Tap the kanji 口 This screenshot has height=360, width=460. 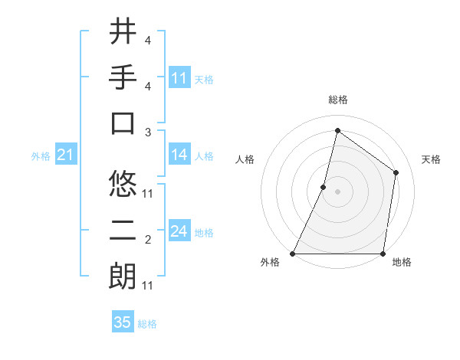tap(123, 123)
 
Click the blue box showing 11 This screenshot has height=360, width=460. tap(179, 77)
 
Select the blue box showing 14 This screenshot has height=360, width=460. tap(179, 155)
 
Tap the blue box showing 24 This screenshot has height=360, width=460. tap(179, 231)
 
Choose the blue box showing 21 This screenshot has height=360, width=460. tap(65, 155)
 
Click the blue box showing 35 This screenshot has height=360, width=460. tap(123, 322)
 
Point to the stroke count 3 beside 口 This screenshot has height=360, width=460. tap(148, 133)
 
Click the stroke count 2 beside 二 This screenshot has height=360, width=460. tap(148, 240)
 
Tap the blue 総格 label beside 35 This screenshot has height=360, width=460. tap(147, 324)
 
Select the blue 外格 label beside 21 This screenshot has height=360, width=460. tap(41, 156)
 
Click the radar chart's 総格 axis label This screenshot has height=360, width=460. tap(338, 100)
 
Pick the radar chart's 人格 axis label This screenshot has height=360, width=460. tap(245, 160)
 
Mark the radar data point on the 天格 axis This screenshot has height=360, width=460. tap(396, 172)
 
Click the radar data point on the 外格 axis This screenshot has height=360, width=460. tap(293, 254)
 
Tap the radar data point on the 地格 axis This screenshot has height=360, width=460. tap(383, 254)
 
